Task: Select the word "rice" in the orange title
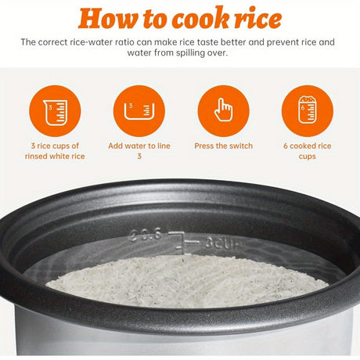(257, 18)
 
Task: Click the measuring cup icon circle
(55, 111)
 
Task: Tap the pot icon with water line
(139, 111)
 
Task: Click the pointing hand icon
(223, 110)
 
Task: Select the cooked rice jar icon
(307, 110)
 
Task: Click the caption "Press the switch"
(224, 146)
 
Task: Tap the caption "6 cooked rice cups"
(308, 151)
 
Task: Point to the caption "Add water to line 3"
(139, 151)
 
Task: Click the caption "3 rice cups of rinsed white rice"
(55, 151)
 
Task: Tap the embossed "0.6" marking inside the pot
(146, 235)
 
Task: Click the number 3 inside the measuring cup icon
(51, 107)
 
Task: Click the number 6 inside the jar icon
(303, 107)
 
